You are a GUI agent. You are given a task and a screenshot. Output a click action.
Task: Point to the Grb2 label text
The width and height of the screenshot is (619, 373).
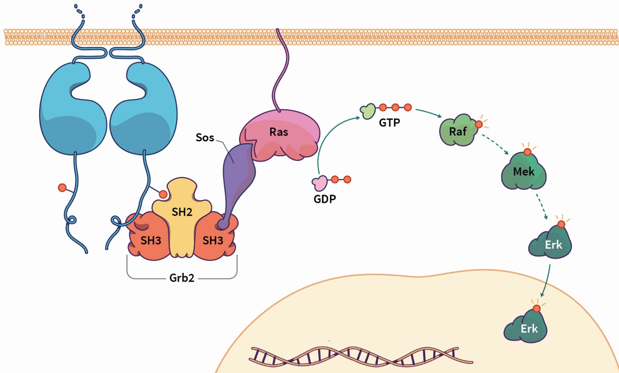pyautogui.click(x=182, y=278)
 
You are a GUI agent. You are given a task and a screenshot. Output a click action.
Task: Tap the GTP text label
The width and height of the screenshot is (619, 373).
pyautogui.click(x=389, y=122)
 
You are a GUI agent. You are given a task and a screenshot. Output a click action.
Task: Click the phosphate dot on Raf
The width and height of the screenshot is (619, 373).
pyautogui.click(x=479, y=124)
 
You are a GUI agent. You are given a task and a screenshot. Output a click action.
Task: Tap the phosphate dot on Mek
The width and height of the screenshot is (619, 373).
pyautogui.click(x=527, y=152)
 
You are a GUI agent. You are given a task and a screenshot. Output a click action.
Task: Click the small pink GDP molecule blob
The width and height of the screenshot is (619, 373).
pyautogui.click(x=320, y=182)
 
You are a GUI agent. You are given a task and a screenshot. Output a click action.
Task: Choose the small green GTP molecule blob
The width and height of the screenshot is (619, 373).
pyautogui.click(x=368, y=111)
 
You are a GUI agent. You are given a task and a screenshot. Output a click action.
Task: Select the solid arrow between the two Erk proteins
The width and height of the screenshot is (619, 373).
pyautogui.click(x=546, y=280)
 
